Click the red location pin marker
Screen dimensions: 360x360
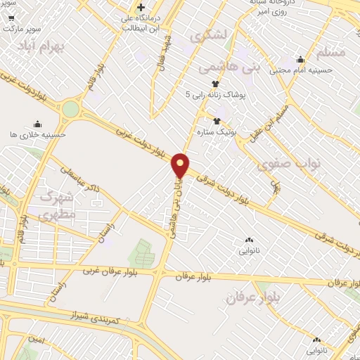coord(180,165)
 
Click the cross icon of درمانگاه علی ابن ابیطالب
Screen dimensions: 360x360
coord(141,7)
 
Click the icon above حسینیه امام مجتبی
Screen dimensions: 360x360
coord(301,60)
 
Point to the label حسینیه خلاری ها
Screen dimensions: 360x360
coord(38,134)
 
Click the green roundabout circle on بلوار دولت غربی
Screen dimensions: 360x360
coord(70,109)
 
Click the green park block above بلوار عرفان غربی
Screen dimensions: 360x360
coord(143,252)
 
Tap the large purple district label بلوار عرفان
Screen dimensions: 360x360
coord(253,297)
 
